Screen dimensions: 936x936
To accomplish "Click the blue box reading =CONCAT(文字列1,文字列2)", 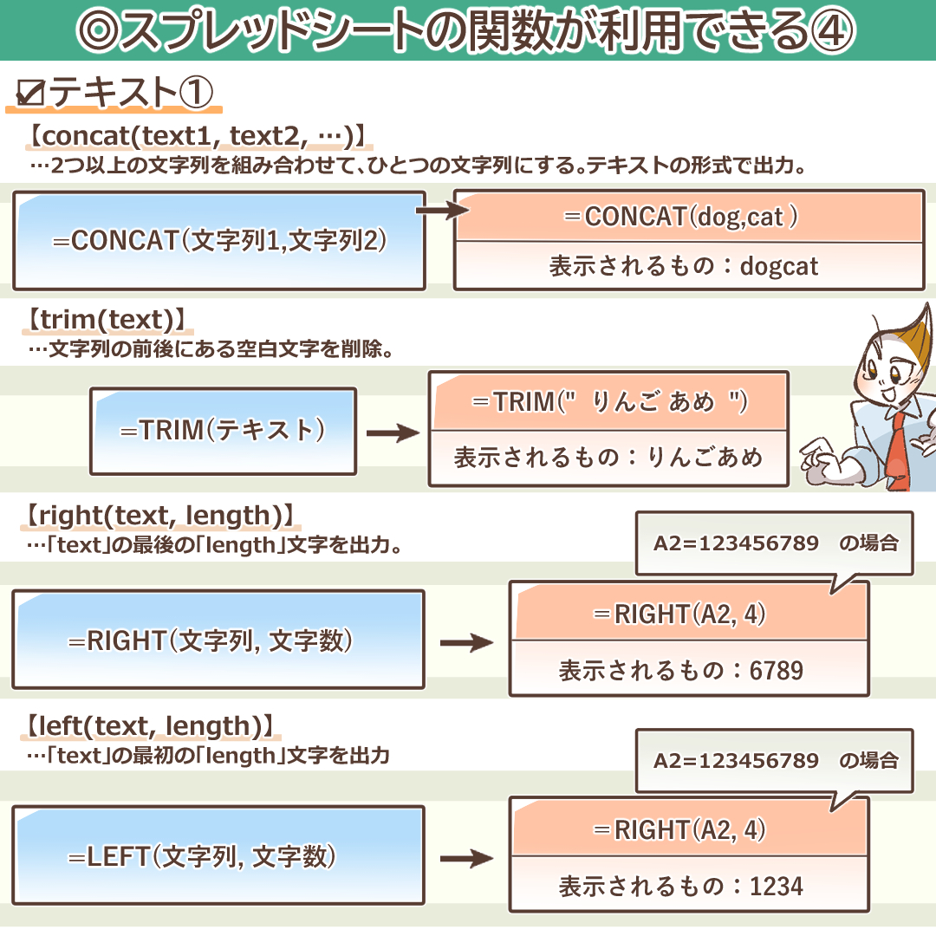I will (219, 240).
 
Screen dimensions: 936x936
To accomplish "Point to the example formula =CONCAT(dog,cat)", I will (691, 217).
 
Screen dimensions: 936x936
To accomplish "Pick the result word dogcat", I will (779, 266).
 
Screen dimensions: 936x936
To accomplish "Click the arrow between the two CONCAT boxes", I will (440, 210).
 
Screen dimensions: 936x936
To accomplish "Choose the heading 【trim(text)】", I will (102, 320).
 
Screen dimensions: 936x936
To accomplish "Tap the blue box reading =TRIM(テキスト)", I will (223, 430).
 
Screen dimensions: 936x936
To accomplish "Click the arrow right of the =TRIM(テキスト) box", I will (393, 432).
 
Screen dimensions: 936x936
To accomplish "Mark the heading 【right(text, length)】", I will (159, 516).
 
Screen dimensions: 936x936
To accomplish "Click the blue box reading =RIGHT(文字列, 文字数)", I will (218, 641).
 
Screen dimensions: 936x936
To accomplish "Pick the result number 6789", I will (777, 670).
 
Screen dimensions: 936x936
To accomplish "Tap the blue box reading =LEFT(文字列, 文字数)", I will (218, 857).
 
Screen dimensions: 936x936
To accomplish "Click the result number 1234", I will (777, 886).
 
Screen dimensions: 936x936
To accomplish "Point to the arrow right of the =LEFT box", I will (466, 859).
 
